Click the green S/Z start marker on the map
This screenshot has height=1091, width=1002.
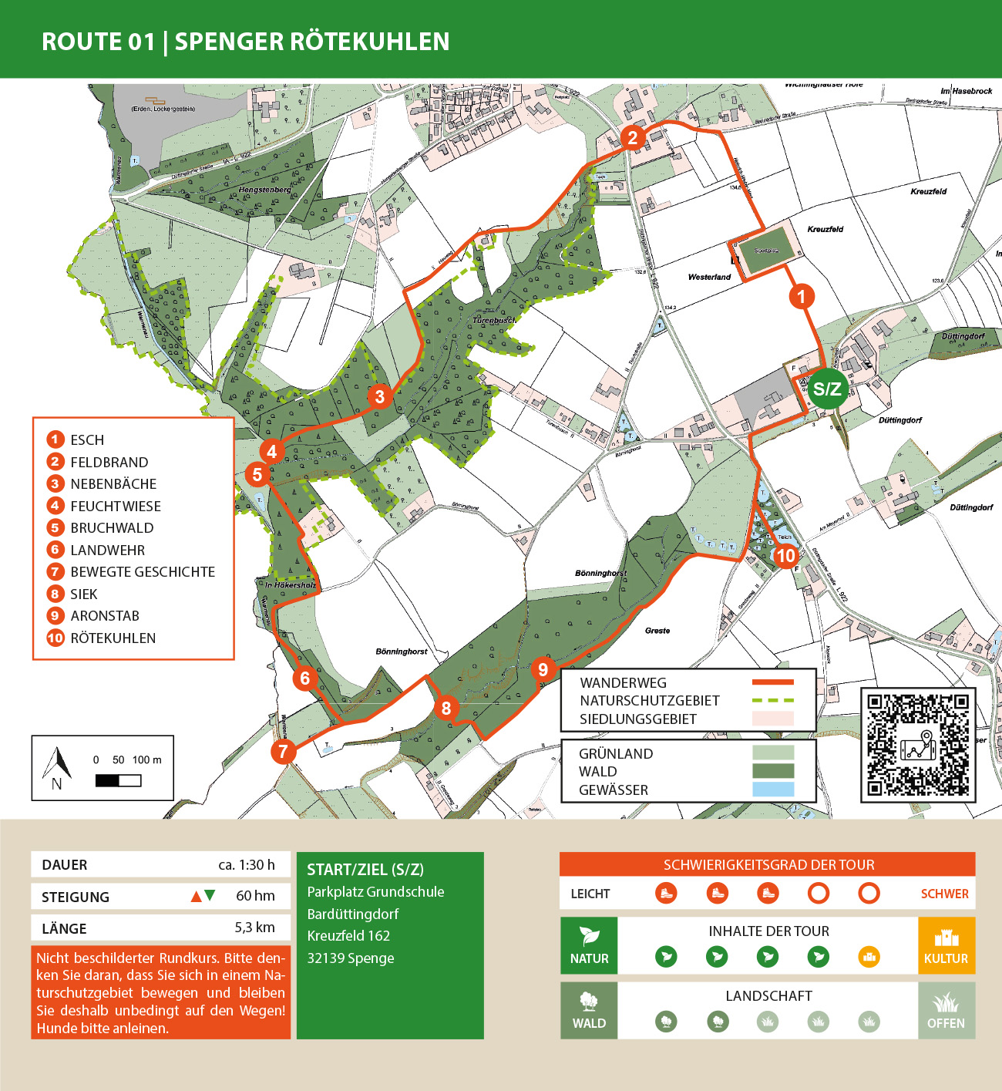[827, 389]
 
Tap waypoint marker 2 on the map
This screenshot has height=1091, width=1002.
[633, 138]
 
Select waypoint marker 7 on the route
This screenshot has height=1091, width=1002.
[284, 751]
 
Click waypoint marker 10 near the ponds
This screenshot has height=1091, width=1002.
[785, 555]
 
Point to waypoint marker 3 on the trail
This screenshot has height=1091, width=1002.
[379, 397]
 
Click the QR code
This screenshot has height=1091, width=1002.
[917, 745]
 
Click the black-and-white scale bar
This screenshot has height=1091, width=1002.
[118, 780]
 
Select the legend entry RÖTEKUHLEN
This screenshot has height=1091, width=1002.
[113, 638]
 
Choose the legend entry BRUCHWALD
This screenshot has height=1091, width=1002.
[112, 528]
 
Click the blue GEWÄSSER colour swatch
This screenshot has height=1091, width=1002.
[772, 790]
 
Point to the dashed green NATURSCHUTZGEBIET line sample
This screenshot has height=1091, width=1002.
[772, 700]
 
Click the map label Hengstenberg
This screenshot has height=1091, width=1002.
[265, 190]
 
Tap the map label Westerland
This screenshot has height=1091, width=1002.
[709, 277]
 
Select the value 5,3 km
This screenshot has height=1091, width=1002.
[254, 928]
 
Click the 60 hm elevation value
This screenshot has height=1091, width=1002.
[255, 896]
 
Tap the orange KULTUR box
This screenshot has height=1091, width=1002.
[946, 945]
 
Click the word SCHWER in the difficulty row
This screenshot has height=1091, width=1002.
[944, 894]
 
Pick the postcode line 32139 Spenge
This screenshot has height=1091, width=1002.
[351, 958]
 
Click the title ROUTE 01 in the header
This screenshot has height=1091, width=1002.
[98, 42]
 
